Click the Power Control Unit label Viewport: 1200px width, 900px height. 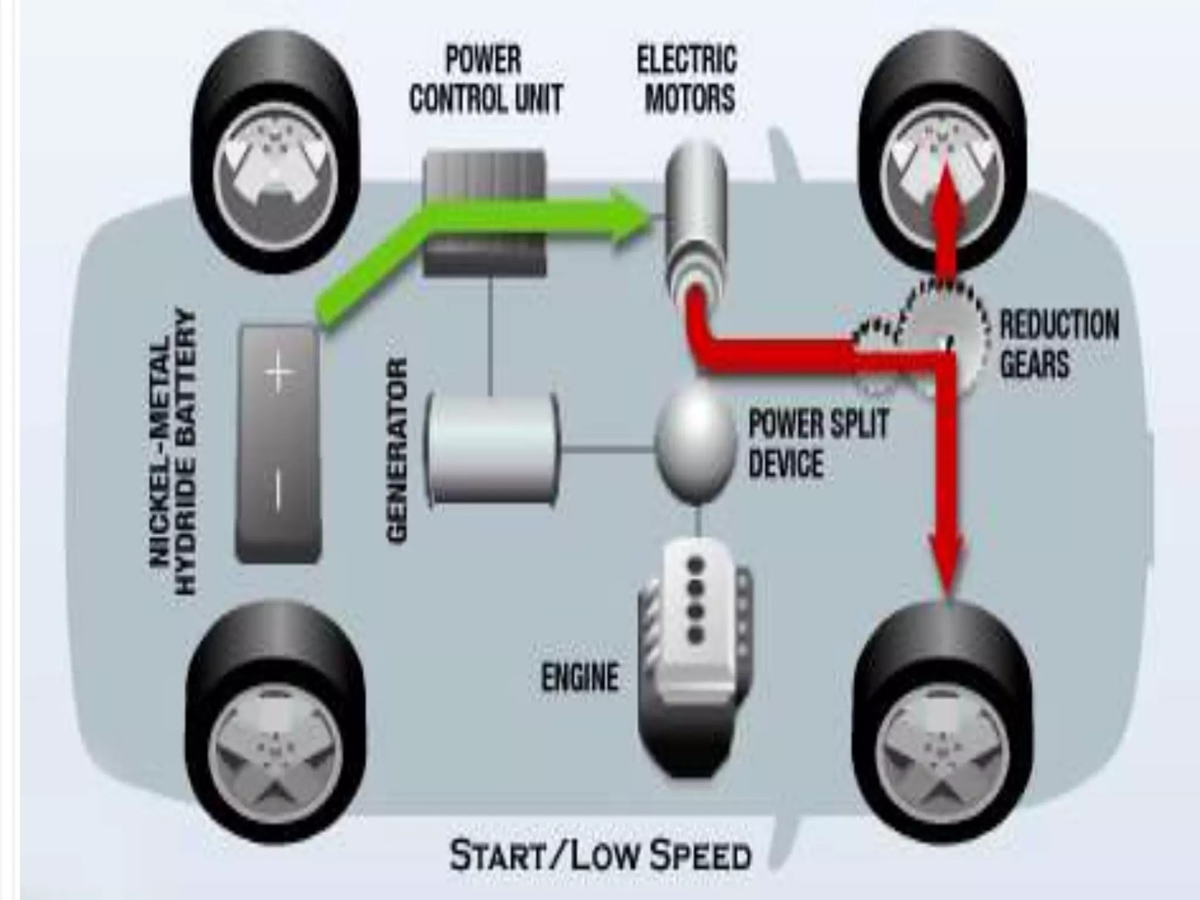pyautogui.click(x=485, y=79)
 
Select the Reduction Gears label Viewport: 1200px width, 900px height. pyautogui.click(x=1058, y=344)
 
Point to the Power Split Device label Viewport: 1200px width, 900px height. pyautogui.click(x=818, y=442)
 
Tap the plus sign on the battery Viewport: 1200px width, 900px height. pyautogui.click(x=278, y=371)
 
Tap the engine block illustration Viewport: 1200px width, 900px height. pyautogui.click(x=694, y=656)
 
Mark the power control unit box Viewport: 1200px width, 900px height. pyautogui.click(x=484, y=214)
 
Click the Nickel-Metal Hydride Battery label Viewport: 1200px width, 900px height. pyautogui.click(x=173, y=451)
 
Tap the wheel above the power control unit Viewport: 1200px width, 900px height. pyautogui.click(x=275, y=152)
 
